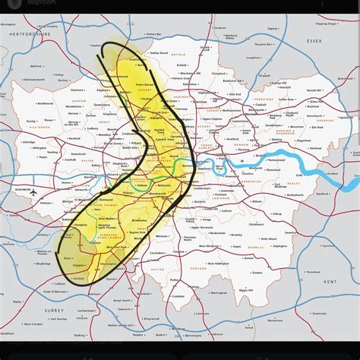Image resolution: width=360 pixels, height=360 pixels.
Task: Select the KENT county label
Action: pos(330,282)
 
